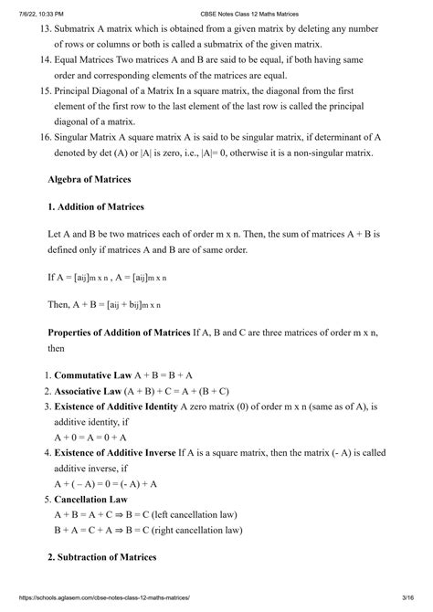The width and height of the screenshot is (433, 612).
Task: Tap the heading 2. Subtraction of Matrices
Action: [x=102, y=556]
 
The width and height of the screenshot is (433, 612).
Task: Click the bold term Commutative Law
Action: [x=93, y=375]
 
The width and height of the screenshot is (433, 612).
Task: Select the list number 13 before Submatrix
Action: [x=37, y=31]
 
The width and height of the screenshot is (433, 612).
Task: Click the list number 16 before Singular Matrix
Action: [x=37, y=137]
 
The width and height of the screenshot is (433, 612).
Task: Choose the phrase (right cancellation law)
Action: [x=199, y=530]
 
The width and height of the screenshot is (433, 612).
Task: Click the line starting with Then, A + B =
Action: [x=103, y=304]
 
